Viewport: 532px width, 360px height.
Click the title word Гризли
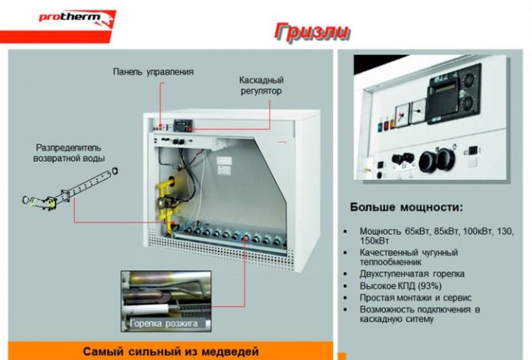312,33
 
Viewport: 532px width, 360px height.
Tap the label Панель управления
153,72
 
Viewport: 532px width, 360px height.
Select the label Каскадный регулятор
262,86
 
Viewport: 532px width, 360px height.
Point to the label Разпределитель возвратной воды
69,153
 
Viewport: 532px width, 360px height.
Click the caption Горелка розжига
163,324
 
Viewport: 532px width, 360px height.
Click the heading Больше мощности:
406,207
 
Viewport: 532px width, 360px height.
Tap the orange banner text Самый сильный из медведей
170,351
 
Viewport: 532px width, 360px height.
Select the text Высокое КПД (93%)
400,285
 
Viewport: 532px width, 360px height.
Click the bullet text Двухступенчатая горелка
412,274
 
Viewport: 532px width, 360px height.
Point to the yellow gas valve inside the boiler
165,201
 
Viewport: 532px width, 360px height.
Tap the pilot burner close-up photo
166,301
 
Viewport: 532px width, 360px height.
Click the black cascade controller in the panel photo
454,92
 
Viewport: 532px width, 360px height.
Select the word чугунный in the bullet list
440,252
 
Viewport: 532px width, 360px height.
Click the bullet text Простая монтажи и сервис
415,297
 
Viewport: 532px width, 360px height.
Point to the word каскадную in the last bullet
378,319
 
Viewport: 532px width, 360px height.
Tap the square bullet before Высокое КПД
346,286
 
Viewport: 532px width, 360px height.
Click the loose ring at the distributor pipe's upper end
115,170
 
